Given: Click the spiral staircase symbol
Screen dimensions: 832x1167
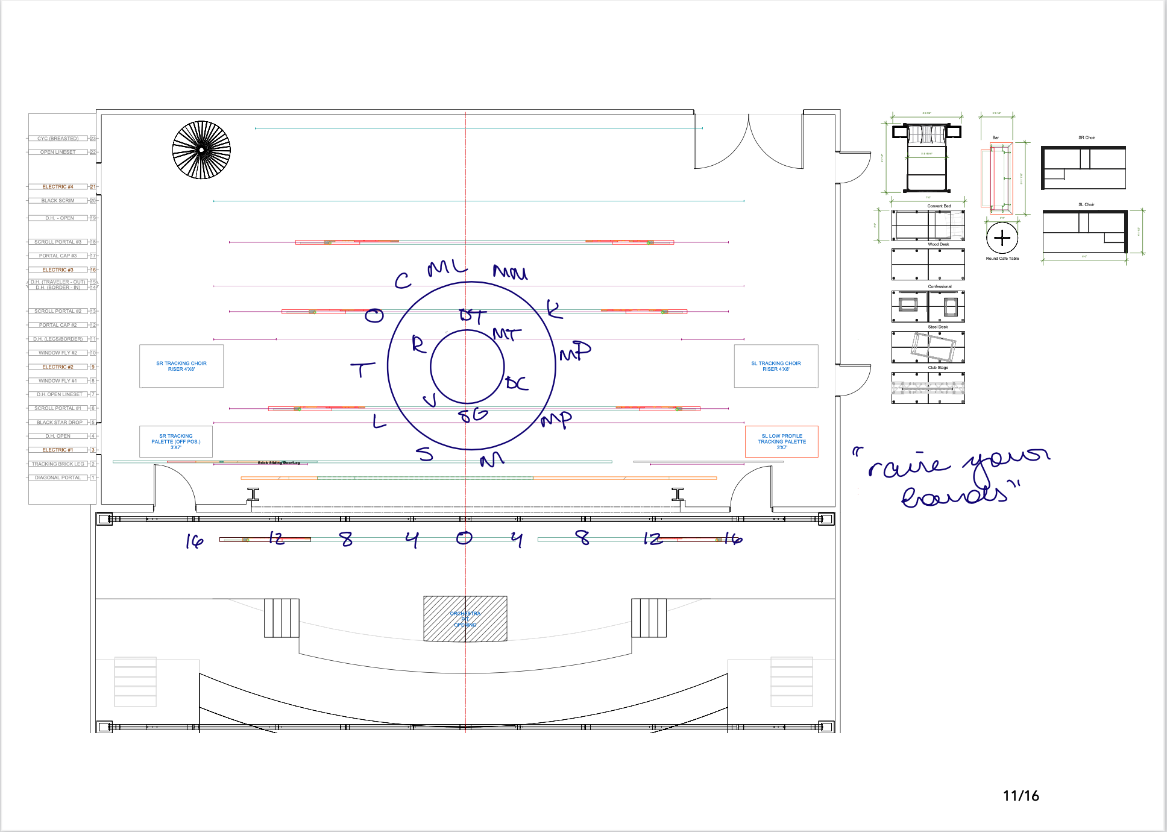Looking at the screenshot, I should coord(201,150).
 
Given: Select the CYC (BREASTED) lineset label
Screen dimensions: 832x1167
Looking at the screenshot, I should coord(58,139).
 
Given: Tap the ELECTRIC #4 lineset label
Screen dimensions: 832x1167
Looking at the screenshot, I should coord(58,187).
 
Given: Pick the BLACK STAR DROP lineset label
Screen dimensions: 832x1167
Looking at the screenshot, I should coord(59,423).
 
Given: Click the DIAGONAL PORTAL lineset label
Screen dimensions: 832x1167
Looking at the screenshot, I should coord(58,477).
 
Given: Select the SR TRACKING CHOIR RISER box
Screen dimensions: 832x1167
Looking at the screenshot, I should coord(181,366).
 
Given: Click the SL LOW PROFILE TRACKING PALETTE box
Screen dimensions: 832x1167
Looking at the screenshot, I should coord(782,442).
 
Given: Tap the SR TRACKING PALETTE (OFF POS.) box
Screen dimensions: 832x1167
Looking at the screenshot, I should coord(176,441).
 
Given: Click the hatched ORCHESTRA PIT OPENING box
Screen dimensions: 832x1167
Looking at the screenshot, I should coord(465,619).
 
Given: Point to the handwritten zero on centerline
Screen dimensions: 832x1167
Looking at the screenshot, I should coord(464,538).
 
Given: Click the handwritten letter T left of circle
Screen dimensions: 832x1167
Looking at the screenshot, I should coord(362,369).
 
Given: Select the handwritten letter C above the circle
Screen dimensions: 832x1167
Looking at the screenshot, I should coord(403,281).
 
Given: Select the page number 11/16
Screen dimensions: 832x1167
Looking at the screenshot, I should coord(1021,796).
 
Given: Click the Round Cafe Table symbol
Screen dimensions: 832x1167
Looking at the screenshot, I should coord(1002,238).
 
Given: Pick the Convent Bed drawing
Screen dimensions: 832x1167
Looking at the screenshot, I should coord(927,158).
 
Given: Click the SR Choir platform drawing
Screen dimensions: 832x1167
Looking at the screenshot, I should coord(1084,168).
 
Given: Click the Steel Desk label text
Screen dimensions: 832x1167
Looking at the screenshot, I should coord(938,327).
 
